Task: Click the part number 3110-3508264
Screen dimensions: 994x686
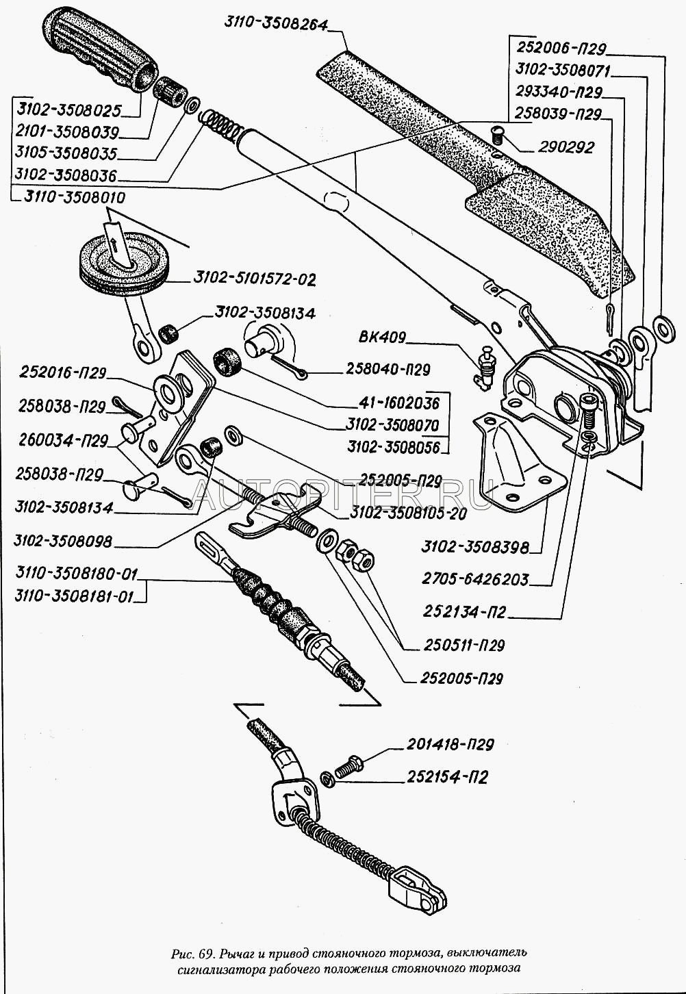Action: click(275, 22)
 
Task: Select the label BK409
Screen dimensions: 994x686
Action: click(382, 337)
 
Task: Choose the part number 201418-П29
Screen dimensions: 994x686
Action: click(451, 745)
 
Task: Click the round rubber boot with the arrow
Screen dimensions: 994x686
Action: click(120, 264)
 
